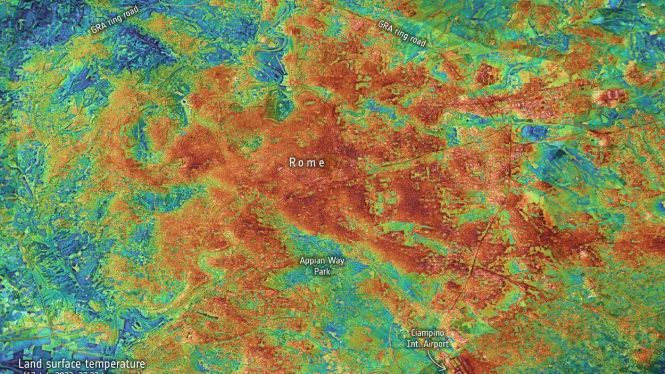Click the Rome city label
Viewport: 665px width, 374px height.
point(307,163)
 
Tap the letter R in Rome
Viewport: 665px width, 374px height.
point(292,163)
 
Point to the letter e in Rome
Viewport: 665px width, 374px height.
point(322,163)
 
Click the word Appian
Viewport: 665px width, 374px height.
point(312,261)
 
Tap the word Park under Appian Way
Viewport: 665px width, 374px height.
point(322,271)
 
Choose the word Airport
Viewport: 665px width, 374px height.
point(437,344)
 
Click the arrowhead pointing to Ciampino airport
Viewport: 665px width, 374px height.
point(444,368)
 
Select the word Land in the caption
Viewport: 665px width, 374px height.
point(30,364)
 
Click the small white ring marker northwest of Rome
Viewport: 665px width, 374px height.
point(183,102)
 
